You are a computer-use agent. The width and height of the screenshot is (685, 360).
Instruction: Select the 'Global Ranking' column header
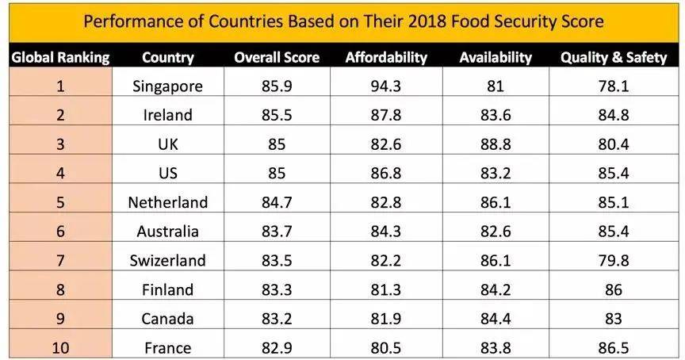(60, 57)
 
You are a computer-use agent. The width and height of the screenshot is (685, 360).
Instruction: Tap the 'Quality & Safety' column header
(613, 57)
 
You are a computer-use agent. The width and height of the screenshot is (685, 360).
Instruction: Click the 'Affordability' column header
(386, 57)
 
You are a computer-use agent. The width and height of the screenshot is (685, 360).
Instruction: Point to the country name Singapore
(168, 86)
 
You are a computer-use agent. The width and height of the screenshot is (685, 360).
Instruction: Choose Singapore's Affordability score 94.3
(386, 86)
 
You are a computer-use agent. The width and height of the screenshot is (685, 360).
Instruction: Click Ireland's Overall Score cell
(277, 115)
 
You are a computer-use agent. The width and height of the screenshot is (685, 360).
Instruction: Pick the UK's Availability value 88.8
(496, 144)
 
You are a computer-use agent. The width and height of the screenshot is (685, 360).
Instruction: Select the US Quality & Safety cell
(613, 173)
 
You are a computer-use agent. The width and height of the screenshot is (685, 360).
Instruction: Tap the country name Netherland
(168, 202)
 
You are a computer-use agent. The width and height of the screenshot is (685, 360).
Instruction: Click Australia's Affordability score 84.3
(386, 232)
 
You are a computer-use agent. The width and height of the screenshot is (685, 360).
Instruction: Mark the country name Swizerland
(168, 260)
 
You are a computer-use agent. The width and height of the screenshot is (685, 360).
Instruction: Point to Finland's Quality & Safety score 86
(613, 289)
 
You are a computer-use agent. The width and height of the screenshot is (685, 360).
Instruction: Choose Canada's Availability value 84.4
(496, 318)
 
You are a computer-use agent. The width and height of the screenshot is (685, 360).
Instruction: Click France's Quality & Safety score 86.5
(613, 347)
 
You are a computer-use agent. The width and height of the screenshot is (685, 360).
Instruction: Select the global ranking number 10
(60, 347)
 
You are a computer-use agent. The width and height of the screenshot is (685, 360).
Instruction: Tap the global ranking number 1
(60, 86)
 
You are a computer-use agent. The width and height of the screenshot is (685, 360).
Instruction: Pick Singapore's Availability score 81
(496, 86)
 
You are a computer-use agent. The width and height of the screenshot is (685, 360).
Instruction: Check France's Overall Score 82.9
(277, 347)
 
